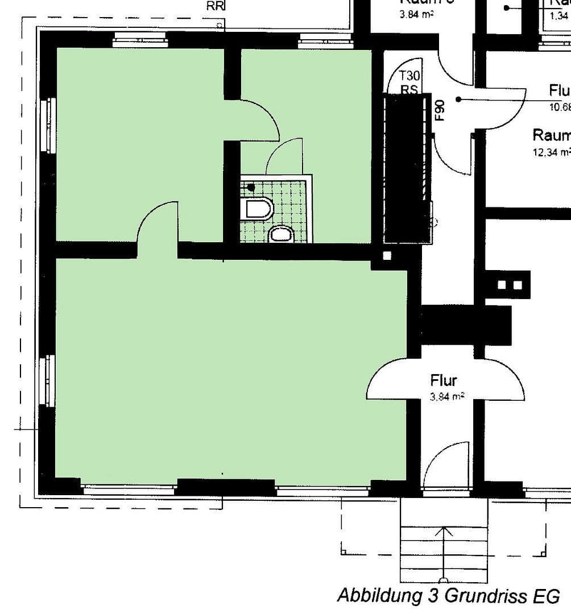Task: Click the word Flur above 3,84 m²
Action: pos(444,380)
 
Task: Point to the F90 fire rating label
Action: pos(439,110)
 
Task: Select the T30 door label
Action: pos(409,76)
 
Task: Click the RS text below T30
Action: pos(409,89)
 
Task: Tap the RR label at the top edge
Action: pos(216,6)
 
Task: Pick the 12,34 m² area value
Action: pos(551,152)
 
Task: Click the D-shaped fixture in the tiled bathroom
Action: pos(258,209)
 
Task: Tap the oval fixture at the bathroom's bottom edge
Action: pos(280,234)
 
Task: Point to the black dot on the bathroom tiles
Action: pos(251,186)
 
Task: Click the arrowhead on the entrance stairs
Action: pos(444,532)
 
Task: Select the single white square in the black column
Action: pos(387,256)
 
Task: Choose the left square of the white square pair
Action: pos(502,285)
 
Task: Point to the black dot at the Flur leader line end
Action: pos(458,99)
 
